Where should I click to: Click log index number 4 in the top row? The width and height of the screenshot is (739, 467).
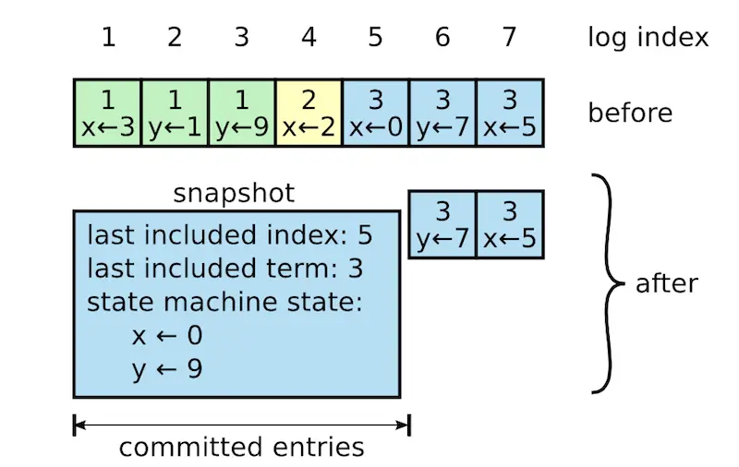pyautogui.click(x=309, y=38)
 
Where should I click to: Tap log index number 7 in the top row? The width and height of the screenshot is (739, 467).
pyautogui.click(x=510, y=38)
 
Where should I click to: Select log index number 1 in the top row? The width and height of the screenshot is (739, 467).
pyautogui.click(x=108, y=38)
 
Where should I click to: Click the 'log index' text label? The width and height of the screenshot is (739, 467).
pyautogui.click(x=648, y=38)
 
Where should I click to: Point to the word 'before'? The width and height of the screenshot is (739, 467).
pyautogui.click(x=630, y=114)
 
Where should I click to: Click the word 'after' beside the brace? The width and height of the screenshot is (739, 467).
pyautogui.click(x=666, y=283)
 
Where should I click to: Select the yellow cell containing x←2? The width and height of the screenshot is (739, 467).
pyautogui.click(x=309, y=114)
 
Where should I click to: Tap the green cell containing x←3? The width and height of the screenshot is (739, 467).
pyautogui.click(x=108, y=114)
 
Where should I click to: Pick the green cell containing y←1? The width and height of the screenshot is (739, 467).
pyautogui.click(x=175, y=114)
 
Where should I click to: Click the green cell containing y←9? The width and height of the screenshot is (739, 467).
pyautogui.click(x=242, y=114)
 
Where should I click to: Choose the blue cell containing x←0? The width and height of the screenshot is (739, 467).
pyautogui.click(x=375, y=114)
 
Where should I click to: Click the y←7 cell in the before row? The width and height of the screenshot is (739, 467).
pyautogui.click(x=442, y=114)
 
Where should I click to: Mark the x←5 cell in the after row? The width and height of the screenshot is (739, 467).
pyautogui.click(x=510, y=224)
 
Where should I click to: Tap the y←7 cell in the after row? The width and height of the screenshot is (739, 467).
pyautogui.click(x=442, y=224)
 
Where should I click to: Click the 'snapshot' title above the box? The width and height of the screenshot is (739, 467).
pyautogui.click(x=234, y=194)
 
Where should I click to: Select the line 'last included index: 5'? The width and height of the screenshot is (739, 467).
pyautogui.click(x=230, y=236)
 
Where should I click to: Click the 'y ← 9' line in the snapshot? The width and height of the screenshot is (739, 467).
pyautogui.click(x=167, y=368)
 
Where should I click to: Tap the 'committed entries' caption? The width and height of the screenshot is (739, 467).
pyautogui.click(x=241, y=448)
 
